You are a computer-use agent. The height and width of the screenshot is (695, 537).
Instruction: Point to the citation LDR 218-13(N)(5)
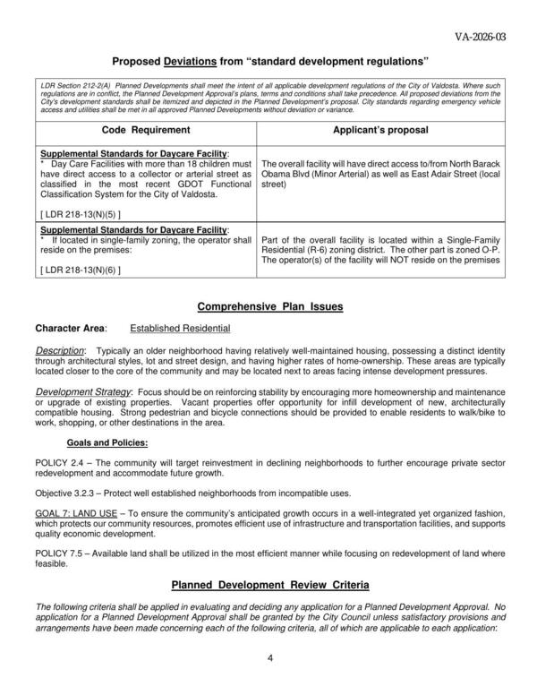(81, 215)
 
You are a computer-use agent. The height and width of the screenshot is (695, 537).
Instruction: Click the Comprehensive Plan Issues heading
(269, 306)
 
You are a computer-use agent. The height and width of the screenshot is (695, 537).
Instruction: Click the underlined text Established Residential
(180, 329)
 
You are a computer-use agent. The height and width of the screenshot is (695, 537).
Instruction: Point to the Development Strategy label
(83, 391)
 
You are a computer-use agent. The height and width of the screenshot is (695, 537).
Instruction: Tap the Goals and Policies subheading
(107, 442)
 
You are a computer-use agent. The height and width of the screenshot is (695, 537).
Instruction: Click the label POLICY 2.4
(61, 462)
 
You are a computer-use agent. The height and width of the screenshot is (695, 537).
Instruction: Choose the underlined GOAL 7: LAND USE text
(81, 513)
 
